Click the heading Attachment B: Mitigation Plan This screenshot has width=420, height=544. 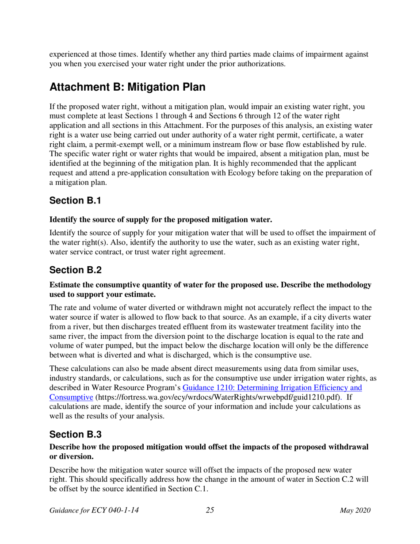(127, 87)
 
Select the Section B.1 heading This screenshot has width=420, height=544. (76, 200)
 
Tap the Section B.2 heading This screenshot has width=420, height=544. (76, 270)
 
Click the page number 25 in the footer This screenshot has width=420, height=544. (210, 511)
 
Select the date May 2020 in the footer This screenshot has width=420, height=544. (355, 511)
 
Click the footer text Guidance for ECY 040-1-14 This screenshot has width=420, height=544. (94, 511)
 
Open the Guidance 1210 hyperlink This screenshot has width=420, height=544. (272, 387)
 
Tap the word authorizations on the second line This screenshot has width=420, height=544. (262, 64)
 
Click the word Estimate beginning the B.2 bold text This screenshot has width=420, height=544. (65, 285)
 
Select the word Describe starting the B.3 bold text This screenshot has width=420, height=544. (65, 447)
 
